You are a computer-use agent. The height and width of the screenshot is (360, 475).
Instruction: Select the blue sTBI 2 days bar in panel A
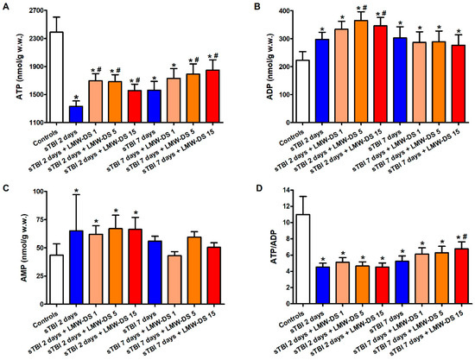click(76, 114)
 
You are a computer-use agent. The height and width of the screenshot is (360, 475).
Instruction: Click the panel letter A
click(6, 6)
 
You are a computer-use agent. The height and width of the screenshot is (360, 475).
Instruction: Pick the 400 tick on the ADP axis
click(280, 12)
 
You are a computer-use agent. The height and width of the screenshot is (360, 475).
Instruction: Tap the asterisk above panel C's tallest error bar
click(76, 191)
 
